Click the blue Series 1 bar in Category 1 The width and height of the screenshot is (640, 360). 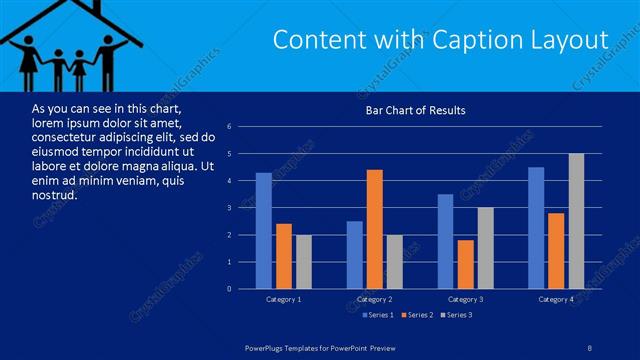pyautogui.click(x=263, y=231)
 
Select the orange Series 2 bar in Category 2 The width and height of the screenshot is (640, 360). pyautogui.click(x=375, y=229)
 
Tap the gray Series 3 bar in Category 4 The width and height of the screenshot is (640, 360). pyautogui.click(x=576, y=221)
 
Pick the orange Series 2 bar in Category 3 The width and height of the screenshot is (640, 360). pyautogui.click(x=465, y=264)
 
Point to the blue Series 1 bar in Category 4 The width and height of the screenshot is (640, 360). pyautogui.click(x=536, y=228)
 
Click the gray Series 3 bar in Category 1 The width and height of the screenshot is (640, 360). pyautogui.click(x=303, y=262)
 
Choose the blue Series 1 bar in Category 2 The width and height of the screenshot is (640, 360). pyautogui.click(x=355, y=255)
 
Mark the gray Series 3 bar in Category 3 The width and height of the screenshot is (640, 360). pyautogui.click(x=485, y=248)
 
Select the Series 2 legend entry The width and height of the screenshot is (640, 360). pyautogui.click(x=417, y=315)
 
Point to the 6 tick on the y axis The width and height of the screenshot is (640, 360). pyautogui.click(x=230, y=127)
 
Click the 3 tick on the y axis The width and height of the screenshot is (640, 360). pyautogui.click(x=230, y=208)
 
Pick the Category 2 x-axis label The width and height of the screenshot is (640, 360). pyautogui.click(x=374, y=299)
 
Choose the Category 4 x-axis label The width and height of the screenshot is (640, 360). pyautogui.click(x=556, y=299)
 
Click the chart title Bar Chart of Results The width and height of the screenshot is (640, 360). pyautogui.click(x=415, y=110)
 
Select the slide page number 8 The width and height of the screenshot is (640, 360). pyautogui.click(x=589, y=347)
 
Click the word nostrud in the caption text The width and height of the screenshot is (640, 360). pyautogui.click(x=54, y=195)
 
